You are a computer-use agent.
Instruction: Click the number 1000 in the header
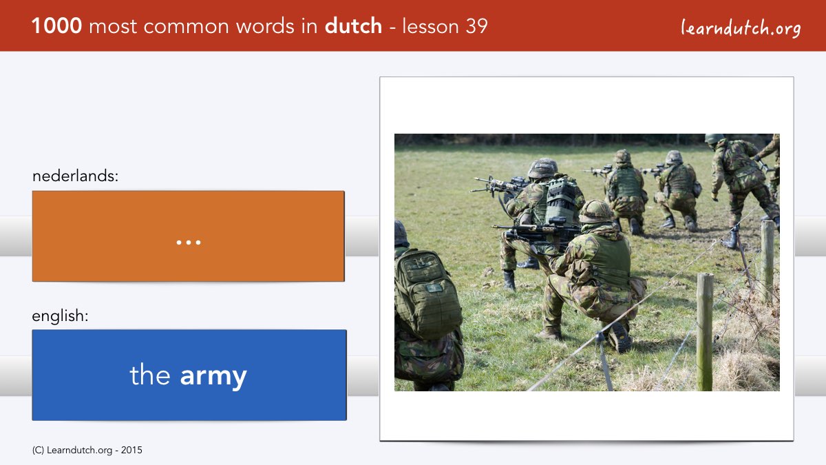pyautogui.click(x=56, y=26)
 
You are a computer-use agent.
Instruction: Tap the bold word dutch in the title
pyautogui.click(x=353, y=25)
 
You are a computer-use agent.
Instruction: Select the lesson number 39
pyautogui.click(x=476, y=26)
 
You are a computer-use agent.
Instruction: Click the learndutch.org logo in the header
pyautogui.click(x=741, y=28)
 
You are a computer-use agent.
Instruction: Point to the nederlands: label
pyautogui.click(x=75, y=176)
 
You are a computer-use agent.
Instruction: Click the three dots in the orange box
pyautogui.click(x=189, y=242)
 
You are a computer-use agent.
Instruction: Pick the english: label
pyautogui.click(x=60, y=316)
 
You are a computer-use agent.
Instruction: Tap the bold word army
pyautogui.click(x=213, y=376)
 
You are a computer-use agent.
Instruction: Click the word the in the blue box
pyautogui.click(x=150, y=374)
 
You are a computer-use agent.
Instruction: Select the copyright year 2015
pyautogui.click(x=131, y=451)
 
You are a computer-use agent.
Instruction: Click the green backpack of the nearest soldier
pyautogui.click(x=427, y=293)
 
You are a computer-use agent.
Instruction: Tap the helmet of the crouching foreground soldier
pyautogui.click(x=596, y=211)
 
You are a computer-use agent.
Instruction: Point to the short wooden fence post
pyautogui.click(x=705, y=331)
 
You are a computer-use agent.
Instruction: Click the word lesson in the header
pyautogui.click(x=430, y=26)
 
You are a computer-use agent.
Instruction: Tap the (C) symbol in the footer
pyautogui.click(x=38, y=451)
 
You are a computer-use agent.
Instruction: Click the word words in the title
pyautogui.click(x=266, y=26)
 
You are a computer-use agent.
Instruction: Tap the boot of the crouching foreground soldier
pyautogui.click(x=619, y=337)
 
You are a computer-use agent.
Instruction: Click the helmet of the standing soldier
pyautogui.click(x=714, y=138)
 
